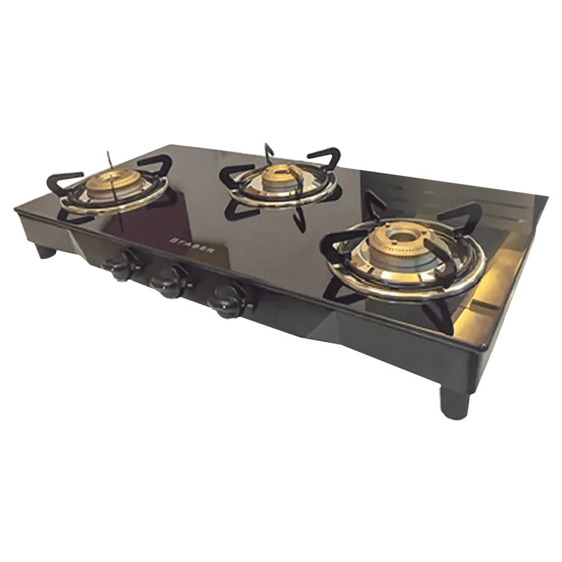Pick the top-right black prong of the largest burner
pyautogui.click(x=464, y=214)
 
